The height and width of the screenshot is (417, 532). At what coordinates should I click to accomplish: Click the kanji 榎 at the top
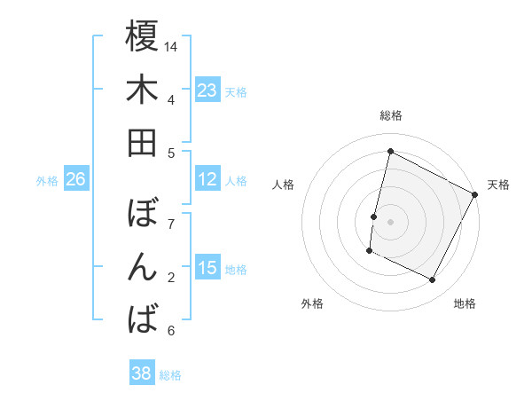(x=142, y=36)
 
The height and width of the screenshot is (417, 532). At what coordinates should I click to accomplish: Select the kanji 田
(x=142, y=143)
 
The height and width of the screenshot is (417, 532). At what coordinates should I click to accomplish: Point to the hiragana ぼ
(x=142, y=214)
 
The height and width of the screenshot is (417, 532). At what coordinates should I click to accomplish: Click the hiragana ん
(x=142, y=267)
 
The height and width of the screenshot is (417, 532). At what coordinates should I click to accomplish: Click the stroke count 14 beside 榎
(x=171, y=46)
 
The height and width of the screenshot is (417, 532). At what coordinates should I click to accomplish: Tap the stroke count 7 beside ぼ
(x=171, y=224)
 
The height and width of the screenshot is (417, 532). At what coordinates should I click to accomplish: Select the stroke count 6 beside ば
(x=171, y=331)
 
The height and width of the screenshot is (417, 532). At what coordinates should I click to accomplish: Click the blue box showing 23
(x=207, y=90)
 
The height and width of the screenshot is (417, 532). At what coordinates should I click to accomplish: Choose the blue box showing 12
(x=207, y=179)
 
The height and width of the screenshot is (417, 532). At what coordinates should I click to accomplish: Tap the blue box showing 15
(x=207, y=268)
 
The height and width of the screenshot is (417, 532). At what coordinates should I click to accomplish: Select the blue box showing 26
(x=76, y=179)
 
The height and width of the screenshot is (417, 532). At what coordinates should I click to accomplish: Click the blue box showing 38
(x=142, y=374)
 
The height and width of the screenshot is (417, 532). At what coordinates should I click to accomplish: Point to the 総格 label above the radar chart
(x=390, y=115)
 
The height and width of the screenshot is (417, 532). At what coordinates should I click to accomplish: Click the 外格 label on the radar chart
(x=312, y=303)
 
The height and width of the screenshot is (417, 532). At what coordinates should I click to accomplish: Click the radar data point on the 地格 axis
(x=433, y=280)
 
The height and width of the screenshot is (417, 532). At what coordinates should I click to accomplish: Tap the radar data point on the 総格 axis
(x=390, y=151)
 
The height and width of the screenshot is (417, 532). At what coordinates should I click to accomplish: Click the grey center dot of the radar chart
(x=390, y=221)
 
